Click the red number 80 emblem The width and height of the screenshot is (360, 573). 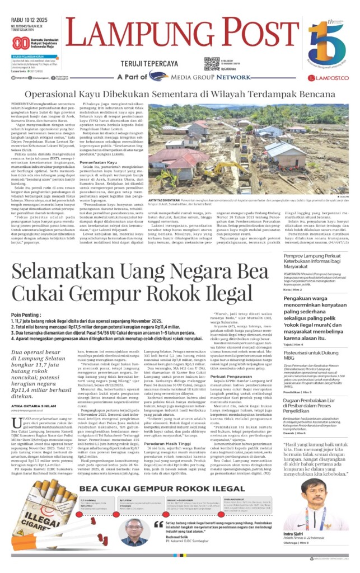pos(21,43)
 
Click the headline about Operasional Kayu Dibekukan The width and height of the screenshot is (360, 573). pos(180,96)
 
